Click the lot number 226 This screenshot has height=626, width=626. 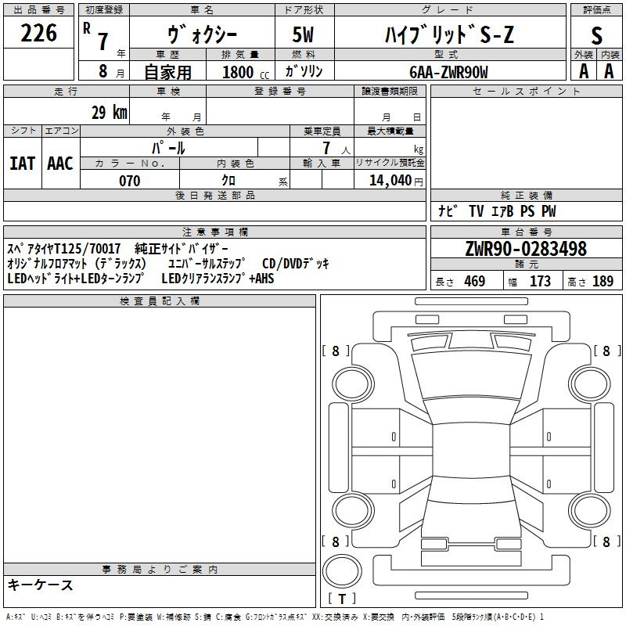pos(38,33)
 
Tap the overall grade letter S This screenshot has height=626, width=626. pos(596,35)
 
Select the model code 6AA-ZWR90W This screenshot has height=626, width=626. pos(448,72)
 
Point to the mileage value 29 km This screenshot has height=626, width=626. pos(110,112)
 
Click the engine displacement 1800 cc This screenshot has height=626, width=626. pos(246,72)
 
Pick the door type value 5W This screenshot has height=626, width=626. pos(303,34)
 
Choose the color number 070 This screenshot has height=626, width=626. pos(130,181)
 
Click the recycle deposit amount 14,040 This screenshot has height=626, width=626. pos(390,181)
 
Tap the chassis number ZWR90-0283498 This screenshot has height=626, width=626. pos(526,249)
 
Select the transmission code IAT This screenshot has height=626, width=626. pos(23,164)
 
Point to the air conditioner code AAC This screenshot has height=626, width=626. pos(60,164)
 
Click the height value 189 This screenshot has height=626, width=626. pos(603,282)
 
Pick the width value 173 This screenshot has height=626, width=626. pos(540,282)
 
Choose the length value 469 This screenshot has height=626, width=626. pos(475,282)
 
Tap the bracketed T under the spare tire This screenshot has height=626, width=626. pos(342,599)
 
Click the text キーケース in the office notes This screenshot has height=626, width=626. pos(41,585)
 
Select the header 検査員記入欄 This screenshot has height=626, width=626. pos(160,301)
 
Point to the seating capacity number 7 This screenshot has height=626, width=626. pos(327,148)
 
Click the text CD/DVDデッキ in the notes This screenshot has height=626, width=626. pos(296,264)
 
